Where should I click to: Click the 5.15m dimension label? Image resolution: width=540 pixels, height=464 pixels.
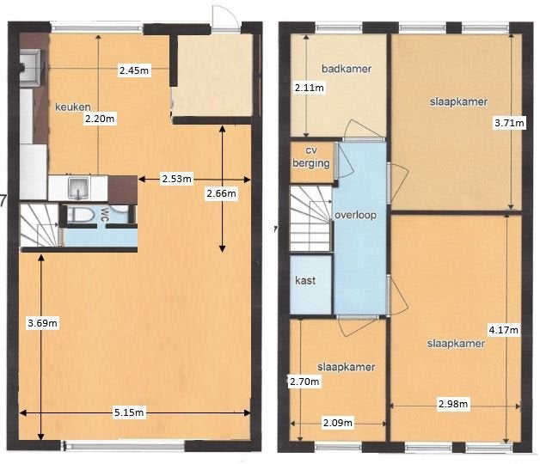pyautogui.click(x=129, y=412)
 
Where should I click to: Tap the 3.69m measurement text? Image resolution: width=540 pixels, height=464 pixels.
pyautogui.click(x=42, y=323)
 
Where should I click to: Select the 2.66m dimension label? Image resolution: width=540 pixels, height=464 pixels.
pyautogui.click(x=222, y=193)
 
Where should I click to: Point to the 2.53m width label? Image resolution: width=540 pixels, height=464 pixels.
pyautogui.click(x=176, y=179)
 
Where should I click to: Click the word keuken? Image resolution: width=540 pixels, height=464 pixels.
pyautogui.click(x=73, y=107)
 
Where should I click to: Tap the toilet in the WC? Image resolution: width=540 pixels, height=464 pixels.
pyautogui.click(x=81, y=215)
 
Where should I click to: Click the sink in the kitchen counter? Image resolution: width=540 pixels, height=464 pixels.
pyautogui.click(x=79, y=188)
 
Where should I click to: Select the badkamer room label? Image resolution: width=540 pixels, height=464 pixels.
pyautogui.click(x=347, y=69)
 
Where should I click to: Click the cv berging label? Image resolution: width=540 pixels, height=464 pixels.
pyautogui.click(x=311, y=157)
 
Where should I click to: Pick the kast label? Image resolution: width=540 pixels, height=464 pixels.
pyautogui.click(x=305, y=280)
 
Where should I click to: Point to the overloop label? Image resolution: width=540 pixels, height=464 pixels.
pyautogui.click(x=355, y=215)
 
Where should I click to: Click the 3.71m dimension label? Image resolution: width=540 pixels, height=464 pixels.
pyautogui.click(x=509, y=123)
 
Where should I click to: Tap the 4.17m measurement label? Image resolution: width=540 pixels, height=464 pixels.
pyautogui.click(x=504, y=330)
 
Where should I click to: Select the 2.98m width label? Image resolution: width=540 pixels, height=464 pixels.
pyautogui.click(x=453, y=403)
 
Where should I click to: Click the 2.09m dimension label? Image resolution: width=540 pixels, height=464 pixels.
pyautogui.click(x=338, y=423)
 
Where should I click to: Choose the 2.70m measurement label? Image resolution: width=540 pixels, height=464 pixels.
pyautogui.click(x=304, y=382)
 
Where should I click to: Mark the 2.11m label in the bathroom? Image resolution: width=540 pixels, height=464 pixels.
pyautogui.click(x=310, y=88)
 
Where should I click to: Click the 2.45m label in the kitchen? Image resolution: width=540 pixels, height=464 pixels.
pyautogui.click(x=134, y=70)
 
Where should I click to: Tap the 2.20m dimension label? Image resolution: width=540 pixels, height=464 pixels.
pyautogui.click(x=100, y=119)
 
